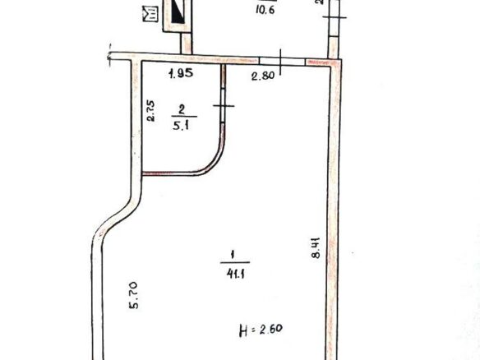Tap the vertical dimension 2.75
(x=151, y=111)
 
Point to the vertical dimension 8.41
(x=315, y=248)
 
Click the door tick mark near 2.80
(x=280, y=60)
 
